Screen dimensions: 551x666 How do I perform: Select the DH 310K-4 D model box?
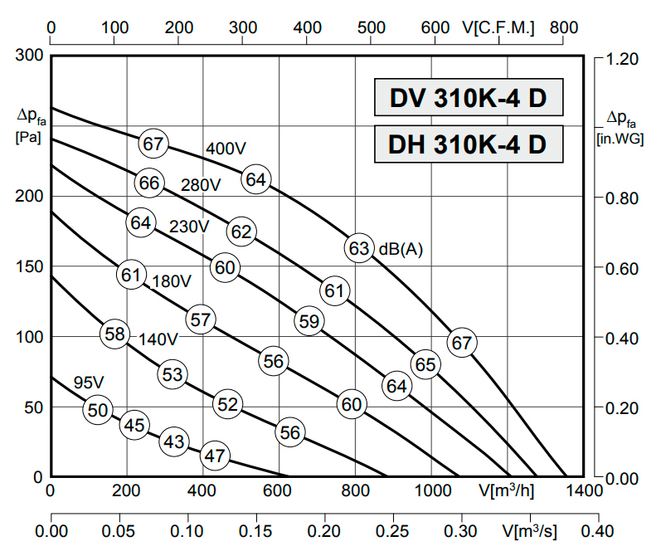click(x=468, y=144)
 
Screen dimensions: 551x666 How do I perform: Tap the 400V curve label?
click(x=226, y=149)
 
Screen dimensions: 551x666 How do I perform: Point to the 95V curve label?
click(x=88, y=383)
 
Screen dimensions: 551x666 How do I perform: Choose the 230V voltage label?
click(x=189, y=227)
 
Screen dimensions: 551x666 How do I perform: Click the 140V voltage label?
click(x=158, y=339)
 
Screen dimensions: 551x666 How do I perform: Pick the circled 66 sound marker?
click(x=149, y=183)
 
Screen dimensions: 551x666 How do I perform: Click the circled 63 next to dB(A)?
click(x=358, y=248)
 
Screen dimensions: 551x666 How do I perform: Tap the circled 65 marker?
click(x=425, y=363)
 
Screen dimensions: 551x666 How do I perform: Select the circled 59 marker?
click(x=309, y=320)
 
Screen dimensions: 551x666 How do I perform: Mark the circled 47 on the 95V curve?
click(x=214, y=455)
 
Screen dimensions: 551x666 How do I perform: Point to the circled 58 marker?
click(x=114, y=334)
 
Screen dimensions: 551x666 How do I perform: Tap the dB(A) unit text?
click(x=401, y=249)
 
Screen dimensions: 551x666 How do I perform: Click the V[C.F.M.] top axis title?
click(x=498, y=28)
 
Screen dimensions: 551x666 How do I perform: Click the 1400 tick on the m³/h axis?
click(x=584, y=490)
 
